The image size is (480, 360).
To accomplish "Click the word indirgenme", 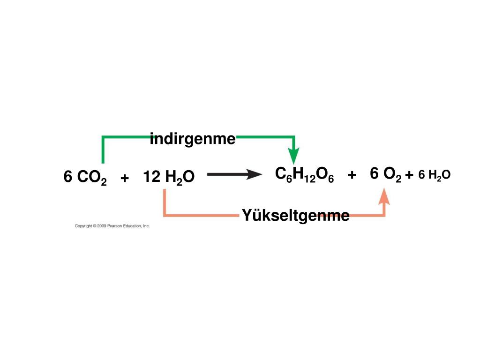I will [x=193, y=139].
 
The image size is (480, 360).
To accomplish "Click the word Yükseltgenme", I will [x=295, y=216].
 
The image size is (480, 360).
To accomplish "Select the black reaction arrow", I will [x=234, y=175].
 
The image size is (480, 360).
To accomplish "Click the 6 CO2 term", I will [x=85, y=178].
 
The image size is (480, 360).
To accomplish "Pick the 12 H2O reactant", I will [x=169, y=178].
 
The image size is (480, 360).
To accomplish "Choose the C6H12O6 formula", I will [x=304, y=175].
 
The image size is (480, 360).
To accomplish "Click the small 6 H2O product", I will [x=434, y=175].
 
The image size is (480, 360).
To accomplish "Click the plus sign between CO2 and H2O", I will [x=124, y=178].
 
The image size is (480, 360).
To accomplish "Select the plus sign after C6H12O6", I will [x=352, y=175].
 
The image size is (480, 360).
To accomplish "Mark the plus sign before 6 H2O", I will [x=410, y=175].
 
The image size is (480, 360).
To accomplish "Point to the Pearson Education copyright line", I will [x=112, y=226].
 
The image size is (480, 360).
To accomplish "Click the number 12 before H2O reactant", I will [x=152, y=177].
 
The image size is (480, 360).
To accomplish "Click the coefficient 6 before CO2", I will [x=68, y=177].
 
